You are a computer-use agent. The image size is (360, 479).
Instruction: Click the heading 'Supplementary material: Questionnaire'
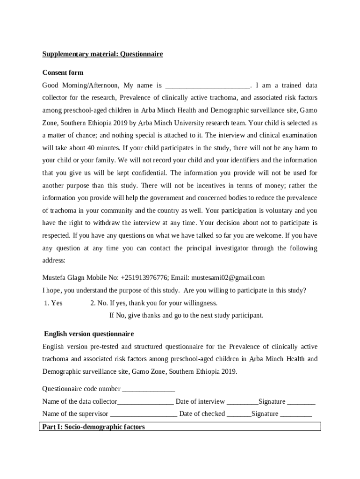click(102, 54)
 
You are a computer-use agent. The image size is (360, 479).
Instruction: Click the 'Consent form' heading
click(63, 73)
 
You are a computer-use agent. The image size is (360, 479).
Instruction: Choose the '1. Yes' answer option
click(53, 303)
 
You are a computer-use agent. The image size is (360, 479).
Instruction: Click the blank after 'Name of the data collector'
click(145, 402)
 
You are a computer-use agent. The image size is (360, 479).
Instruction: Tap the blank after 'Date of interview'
click(242, 402)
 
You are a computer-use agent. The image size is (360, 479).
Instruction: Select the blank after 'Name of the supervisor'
click(144, 414)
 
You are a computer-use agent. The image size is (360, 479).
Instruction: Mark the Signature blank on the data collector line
click(301, 402)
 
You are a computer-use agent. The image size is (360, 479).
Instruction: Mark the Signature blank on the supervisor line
click(296, 414)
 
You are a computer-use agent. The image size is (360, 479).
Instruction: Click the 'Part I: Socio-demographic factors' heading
click(94, 427)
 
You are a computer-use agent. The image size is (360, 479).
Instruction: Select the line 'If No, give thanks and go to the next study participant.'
click(186, 315)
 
